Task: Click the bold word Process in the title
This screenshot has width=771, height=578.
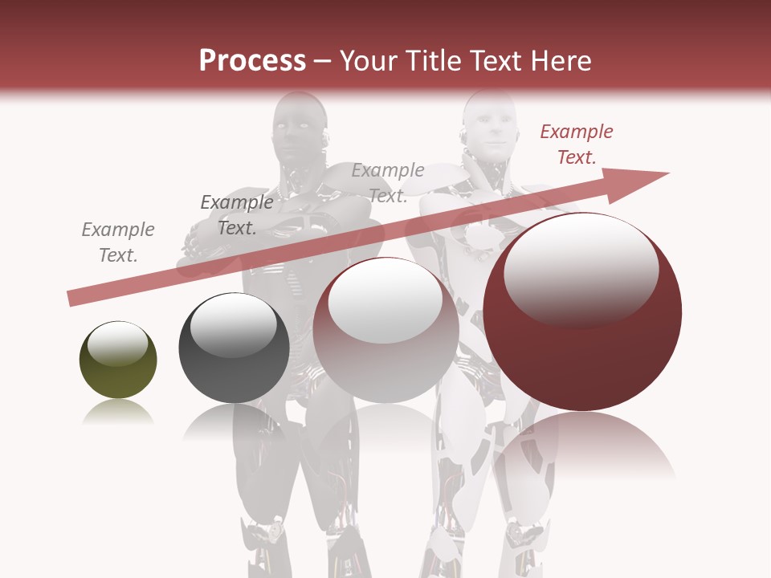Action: [252, 61]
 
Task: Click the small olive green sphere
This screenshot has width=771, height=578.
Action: [118, 360]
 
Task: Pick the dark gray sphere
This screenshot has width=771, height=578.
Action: [234, 348]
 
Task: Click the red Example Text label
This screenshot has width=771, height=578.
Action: [576, 144]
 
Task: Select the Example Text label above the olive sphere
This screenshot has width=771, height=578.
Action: [118, 242]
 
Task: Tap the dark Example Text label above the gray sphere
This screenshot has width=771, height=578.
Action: [236, 215]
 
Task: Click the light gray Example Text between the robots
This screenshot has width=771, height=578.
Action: [388, 182]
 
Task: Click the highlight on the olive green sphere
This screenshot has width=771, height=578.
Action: [117, 344]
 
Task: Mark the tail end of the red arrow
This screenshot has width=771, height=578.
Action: [74, 299]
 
